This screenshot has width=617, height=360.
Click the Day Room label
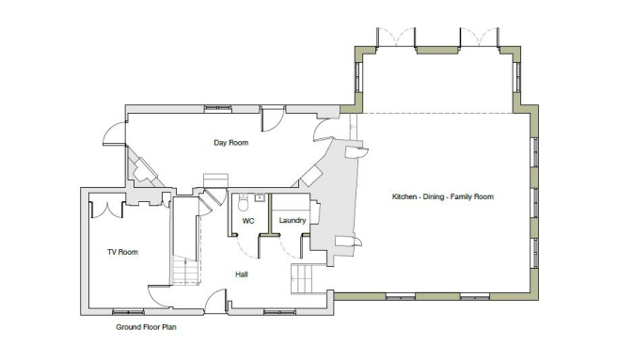230,143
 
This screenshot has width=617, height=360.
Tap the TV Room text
122,252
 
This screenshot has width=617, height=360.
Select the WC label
248,221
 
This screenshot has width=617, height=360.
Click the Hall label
241,274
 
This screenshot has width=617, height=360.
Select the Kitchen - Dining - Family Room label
442,196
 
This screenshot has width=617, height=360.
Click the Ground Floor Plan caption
146,328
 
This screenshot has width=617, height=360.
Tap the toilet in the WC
243,201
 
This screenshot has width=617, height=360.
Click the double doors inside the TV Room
110,209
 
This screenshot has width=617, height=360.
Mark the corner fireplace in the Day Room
143,171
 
